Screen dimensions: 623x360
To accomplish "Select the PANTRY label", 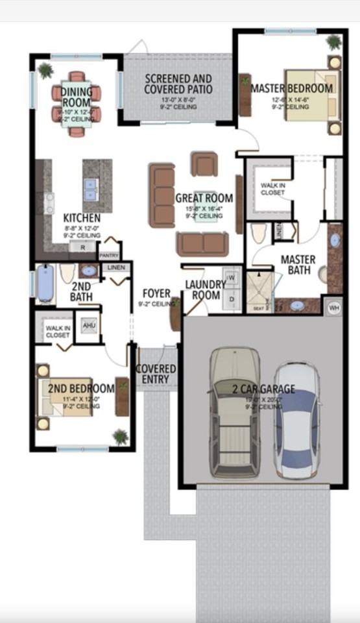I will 108,256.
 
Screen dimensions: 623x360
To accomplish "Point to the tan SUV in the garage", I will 235,411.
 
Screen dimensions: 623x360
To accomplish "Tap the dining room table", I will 77,104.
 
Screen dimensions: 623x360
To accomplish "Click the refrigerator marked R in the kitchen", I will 82,247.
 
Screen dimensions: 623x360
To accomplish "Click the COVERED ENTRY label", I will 156,374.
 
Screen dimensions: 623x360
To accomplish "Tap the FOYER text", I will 156,294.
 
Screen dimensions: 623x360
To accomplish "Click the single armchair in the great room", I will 204,164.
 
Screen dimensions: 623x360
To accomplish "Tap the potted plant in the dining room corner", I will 45,69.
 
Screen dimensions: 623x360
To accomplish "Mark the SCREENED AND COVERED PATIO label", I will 178,84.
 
